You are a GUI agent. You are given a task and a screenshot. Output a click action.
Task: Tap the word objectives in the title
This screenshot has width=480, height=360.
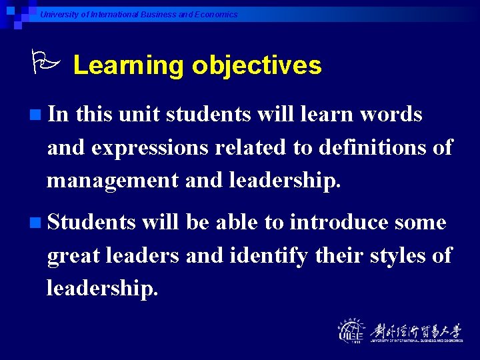point(257,65)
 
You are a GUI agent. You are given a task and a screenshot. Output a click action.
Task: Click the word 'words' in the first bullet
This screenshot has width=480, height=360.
point(391,115)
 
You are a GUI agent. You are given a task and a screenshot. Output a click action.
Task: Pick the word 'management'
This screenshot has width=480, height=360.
point(109,179)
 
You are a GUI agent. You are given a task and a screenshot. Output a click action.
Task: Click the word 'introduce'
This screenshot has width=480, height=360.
point(339,222)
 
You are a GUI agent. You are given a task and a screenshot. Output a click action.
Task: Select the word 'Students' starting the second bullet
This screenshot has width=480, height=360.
point(91,222)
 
